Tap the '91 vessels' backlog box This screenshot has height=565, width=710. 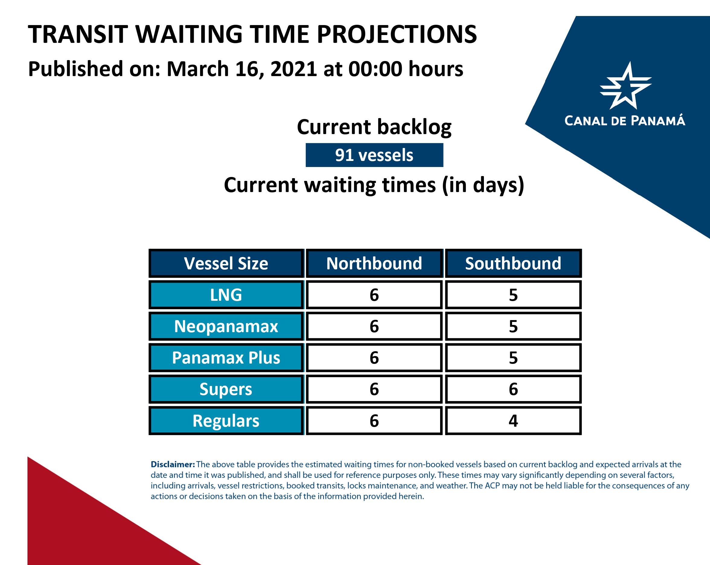click(x=374, y=155)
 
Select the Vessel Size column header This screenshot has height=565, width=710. click(x=226, y=263)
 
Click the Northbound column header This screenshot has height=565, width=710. click(x=374, y=263)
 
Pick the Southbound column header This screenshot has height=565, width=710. click(x=513, y=263)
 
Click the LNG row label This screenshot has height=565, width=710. click(x=226, y=295)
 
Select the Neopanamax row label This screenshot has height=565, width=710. click(x=226, y=326)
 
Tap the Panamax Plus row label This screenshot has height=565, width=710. click(x=226, y=358)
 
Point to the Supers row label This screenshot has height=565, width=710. click(x=226, y=389)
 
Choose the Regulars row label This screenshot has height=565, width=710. click(x=226, y=421)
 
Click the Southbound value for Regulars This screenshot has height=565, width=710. click(x=513, y=421)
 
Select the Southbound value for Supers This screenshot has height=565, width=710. click(x=513, y=389)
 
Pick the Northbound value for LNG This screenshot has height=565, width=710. click(x=374, y=295)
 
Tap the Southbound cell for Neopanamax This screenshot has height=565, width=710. click(x=513, y=326)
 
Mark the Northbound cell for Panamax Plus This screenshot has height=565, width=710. click(x=374, y=358)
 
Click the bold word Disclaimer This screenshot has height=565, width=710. click(x=173, y=464)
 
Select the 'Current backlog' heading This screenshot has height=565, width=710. click(x=374, y=127)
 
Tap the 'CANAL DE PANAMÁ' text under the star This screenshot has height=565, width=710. click(x=625, y=120)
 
